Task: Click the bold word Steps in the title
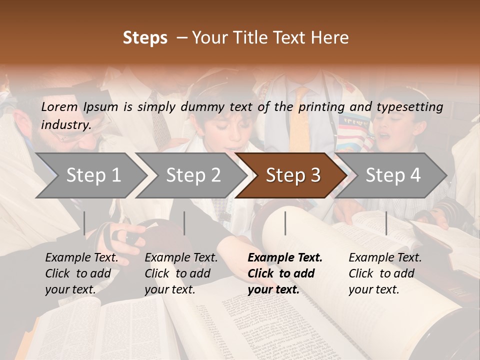[145, 38]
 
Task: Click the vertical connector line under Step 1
[84, 223]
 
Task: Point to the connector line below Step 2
[184, 223]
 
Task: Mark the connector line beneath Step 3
[285, 223]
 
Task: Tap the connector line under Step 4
[386, 223]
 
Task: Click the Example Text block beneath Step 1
[81, 273]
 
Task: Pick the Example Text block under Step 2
[181, 273]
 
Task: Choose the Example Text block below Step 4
[385, 273]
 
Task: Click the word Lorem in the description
[59, 106]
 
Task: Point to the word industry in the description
[65, 125]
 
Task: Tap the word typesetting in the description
[413, 107]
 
